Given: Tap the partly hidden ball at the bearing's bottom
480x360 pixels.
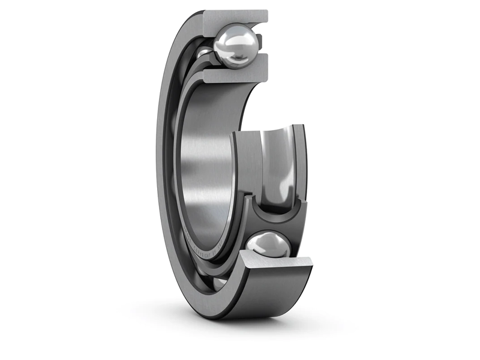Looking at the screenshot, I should [220, 281].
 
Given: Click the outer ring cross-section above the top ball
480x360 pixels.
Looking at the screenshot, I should [235, 17].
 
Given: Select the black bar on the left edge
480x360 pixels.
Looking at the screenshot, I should [30, 180].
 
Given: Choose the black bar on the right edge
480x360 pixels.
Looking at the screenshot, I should [450, 180].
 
